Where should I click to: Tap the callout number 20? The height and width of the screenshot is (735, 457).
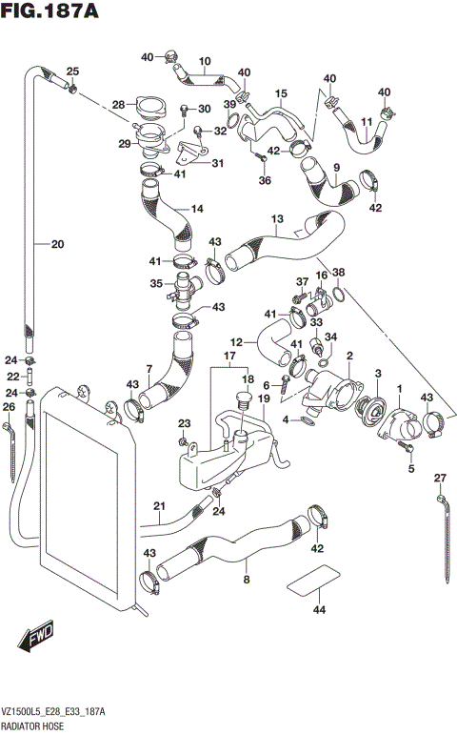(x=57, y=245)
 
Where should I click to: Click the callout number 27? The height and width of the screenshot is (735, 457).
(x=440, y=478)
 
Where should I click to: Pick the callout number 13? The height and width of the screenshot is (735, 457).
(x=277, y=219)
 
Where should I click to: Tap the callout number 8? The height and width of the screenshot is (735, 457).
(x=247, y=579)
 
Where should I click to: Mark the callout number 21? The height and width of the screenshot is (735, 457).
(x=159, y=505)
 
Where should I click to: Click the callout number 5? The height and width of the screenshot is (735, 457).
(x=412, y=469)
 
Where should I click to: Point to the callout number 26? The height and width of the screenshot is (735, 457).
(x=9, y=408)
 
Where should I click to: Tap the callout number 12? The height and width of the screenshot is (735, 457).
(x=236, y=341)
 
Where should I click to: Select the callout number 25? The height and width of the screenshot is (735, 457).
(x=72, y=72)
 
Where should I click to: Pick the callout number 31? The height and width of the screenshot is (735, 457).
(x=217, y=163)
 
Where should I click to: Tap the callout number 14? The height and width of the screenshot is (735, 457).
(x=197, y=209)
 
